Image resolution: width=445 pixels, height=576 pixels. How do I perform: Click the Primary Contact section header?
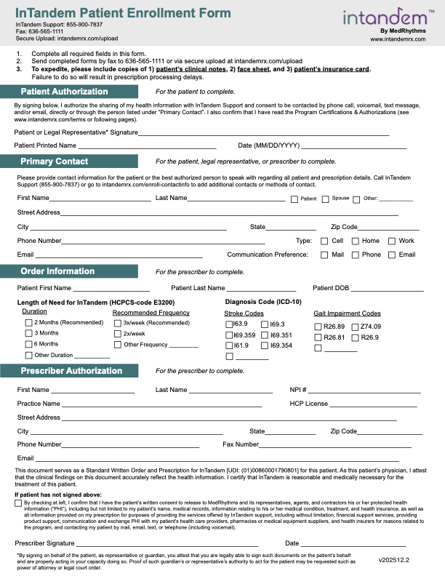[x=55, y=161]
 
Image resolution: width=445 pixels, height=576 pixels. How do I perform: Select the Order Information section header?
[x=57, y=271]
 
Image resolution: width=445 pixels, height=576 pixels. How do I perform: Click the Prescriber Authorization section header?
[x=71, y=371]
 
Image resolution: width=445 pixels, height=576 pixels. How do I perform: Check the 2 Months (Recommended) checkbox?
[x=29, y=322]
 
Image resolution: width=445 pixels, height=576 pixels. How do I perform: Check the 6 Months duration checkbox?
[x=29, y=344]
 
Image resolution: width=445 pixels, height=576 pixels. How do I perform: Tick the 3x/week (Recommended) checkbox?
[x=118, y=322]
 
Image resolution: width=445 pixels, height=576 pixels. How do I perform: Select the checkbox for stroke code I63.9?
[x=230, y=324]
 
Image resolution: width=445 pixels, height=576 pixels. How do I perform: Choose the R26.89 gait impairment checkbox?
[x=318, y=327]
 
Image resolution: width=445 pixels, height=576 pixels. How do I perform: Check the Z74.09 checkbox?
[x=355, y=327]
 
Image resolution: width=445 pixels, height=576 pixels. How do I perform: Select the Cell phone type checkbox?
[x=324, y=241]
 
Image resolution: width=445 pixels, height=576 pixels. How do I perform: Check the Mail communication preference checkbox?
[x=324, y=255]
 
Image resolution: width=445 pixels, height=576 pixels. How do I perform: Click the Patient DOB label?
[x=331, y=288]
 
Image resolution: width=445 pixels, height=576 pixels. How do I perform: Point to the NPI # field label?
[x=298, y=390]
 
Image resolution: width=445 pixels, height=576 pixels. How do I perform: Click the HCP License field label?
[x=308, y=404]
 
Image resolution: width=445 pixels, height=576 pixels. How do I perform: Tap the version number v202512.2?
[x=394, y=561]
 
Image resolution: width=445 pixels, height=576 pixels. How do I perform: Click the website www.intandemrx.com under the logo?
[x=397, y=39]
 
